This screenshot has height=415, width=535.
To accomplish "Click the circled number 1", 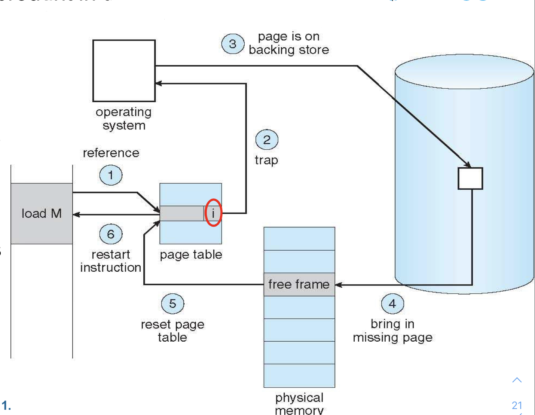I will point(111,175).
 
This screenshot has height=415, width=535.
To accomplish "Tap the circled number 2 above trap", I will point(266,140).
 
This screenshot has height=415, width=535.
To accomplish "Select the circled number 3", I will point(233,44).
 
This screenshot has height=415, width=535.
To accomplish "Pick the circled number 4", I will point(392,303).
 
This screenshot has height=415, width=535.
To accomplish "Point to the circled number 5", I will point(172,303).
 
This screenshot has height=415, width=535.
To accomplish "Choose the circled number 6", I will point(111,234).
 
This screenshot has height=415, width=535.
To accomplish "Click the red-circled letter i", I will point(213,213).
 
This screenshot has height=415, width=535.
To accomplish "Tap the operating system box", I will point(124,71).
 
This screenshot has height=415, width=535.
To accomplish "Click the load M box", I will point(42,213).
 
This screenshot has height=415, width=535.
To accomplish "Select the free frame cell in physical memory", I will point(299,284).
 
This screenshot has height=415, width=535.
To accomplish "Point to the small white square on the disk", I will point(470,178).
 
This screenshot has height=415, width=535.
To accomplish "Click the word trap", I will point(266,160).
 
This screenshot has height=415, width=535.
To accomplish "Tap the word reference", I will point(111,153).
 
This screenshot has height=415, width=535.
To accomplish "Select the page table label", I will point(191,255).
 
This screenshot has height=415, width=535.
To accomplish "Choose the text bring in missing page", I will point(392,331).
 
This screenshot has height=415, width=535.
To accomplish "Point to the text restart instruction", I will point(111,261).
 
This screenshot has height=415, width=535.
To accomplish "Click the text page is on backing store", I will point(289,43).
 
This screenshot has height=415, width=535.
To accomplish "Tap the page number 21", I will point(517,405).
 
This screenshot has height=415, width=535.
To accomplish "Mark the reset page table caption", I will point(172,331).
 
